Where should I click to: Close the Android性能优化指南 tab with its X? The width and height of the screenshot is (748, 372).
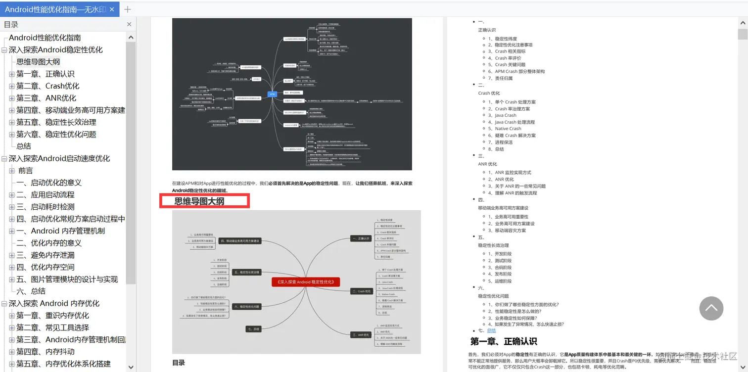(112, 9)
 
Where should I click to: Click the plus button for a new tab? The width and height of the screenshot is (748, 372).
(128, 9)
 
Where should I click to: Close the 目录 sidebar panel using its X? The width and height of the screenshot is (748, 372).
(129, 24)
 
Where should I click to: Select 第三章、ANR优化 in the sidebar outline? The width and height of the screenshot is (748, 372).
(47, 98)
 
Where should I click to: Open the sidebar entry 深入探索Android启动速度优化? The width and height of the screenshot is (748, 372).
(59, 158)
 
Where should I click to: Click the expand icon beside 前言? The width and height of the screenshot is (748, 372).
(12, 171)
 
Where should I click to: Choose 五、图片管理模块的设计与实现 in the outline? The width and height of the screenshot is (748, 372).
(67, 279)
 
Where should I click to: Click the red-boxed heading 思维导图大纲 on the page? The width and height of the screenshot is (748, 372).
(199, 201)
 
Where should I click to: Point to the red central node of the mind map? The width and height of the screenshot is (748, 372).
(306, 282)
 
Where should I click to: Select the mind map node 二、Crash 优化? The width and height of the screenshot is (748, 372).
(361, 291)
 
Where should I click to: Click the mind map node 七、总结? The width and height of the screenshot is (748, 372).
(253, 329)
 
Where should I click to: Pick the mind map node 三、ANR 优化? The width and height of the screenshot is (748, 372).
(361, 335)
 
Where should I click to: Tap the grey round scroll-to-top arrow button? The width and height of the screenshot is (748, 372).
(711, 308)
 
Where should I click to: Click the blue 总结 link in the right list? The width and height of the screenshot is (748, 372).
(491, 330)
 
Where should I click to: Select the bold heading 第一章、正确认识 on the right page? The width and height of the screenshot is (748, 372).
(504, 341)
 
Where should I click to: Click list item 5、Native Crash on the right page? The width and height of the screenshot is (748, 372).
(508, 129)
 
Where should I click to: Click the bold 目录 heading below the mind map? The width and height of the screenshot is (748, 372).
(179, 363)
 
